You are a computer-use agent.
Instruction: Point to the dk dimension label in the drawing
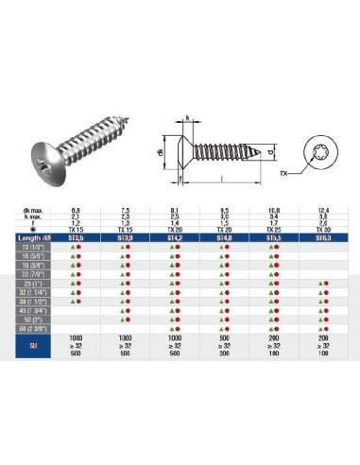click(x=161, y=149)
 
